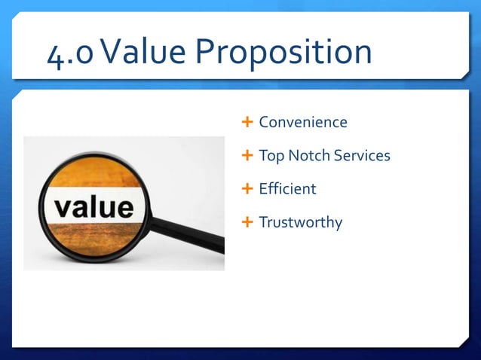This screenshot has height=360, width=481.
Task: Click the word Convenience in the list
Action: click(303, 122)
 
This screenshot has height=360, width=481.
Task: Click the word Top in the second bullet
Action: click(271, 157)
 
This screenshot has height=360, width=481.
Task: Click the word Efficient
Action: click(287, 189)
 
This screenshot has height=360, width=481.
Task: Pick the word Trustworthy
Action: click(300, 223)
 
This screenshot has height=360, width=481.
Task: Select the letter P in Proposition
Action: click(207, 53)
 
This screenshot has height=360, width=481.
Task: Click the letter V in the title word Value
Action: click(115, 53)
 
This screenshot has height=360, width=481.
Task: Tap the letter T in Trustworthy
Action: click(263, 222)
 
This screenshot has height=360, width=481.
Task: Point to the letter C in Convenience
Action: click(264, 122)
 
